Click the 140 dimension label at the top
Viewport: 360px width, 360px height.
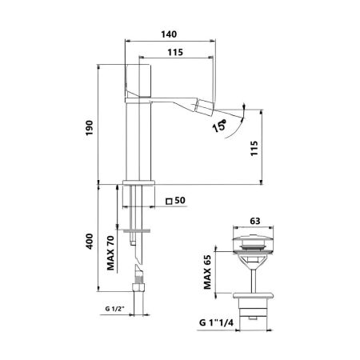pyautogui.click(x=170, y=34)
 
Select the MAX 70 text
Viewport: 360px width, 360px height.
pyautogui.click(x=110, y=252)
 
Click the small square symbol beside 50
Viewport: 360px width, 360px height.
pyautogui.click(x=168, y=202)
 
